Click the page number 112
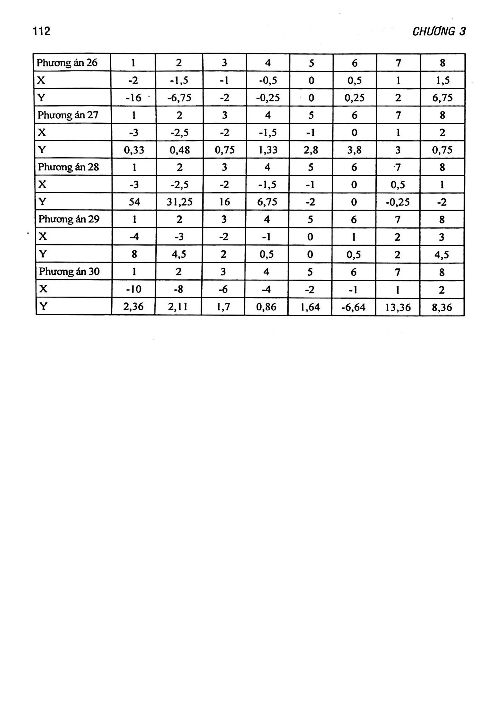coord(41,31)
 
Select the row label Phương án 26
coord(67,62)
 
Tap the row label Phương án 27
coord(68,115)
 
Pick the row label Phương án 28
coord(68,167)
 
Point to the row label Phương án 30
coord(69,271)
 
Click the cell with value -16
coord(133,98)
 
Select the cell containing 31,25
coord(179,202)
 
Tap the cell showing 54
coord(134,202)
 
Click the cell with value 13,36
coord(398,307)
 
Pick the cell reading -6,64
coord(353,307)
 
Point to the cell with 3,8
coord(354,150)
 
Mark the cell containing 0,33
coord(134,150)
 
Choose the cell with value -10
coord(134,289)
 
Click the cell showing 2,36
coord(133,307)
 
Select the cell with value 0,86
coord(266,307)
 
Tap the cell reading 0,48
coord(179,150)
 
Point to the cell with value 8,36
coord(442,307)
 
